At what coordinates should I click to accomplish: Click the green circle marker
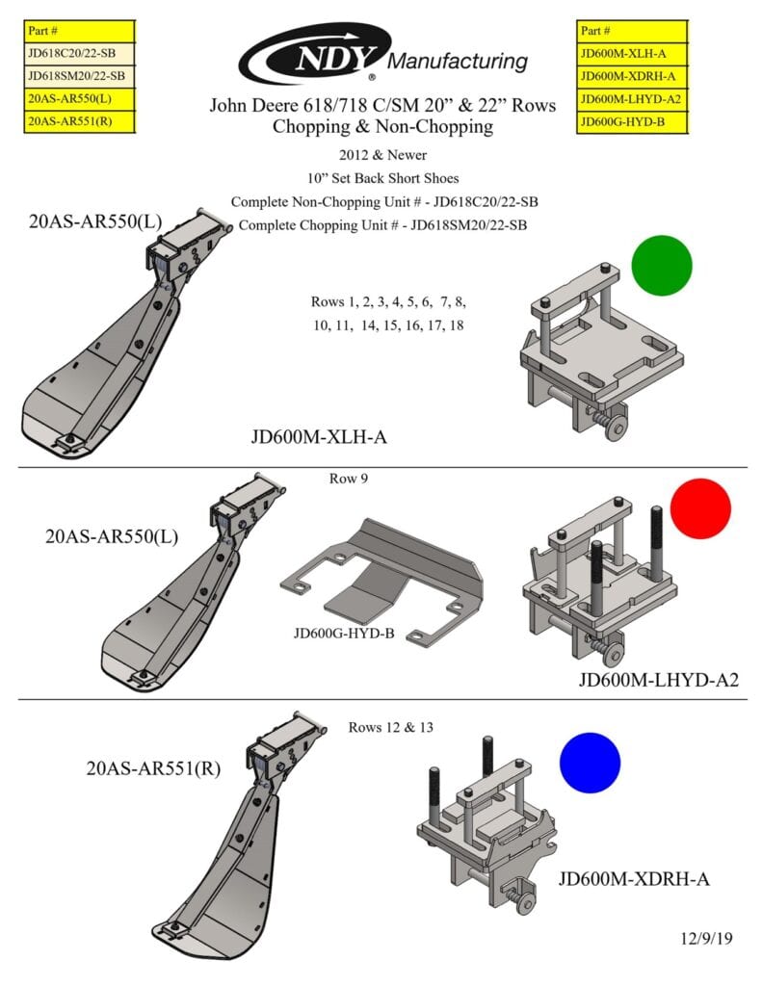coord(661,265)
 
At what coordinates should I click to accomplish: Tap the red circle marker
coord(700,508)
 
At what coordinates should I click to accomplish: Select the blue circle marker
coord(590,763)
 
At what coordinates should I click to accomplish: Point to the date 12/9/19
coord(705,938)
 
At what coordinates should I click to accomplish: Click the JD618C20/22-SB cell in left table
coord(79,54)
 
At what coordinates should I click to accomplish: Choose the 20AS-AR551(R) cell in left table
coord(79,121)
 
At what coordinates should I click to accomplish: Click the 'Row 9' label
coord(349,478)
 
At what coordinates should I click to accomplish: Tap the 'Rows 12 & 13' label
coord(390,727)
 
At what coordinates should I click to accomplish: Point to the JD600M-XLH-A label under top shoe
coord(318,439)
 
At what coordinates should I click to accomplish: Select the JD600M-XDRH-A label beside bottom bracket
coord(634,879)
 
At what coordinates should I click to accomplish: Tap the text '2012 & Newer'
coord(382,154)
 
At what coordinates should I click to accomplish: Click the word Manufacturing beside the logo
coord(459,63)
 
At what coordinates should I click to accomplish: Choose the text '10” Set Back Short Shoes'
coord(382,177)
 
